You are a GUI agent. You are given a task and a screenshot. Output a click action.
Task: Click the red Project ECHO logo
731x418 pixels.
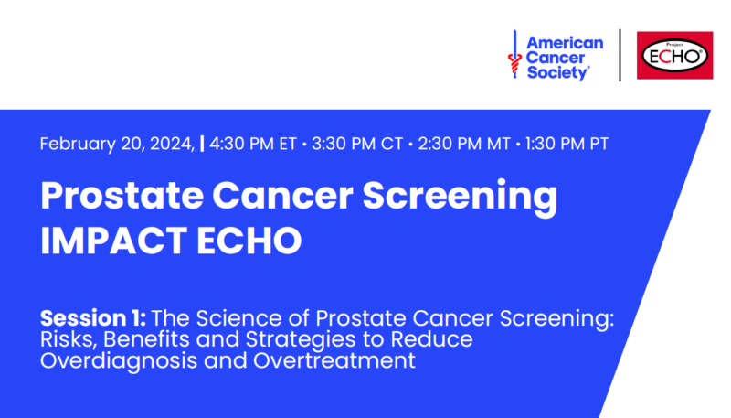(674, 55)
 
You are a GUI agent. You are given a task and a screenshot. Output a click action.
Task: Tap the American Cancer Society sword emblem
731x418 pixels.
(514, 54)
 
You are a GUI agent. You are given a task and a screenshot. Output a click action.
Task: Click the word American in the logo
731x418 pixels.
(565, 43)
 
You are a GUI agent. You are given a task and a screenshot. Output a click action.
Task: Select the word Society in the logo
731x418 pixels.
(557, 72)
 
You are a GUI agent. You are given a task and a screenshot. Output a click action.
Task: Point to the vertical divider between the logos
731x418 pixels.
(620, 55)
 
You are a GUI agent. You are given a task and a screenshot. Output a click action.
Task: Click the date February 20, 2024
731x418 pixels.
(117, 144)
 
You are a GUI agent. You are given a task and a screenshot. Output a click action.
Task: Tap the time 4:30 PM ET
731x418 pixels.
(253, 144)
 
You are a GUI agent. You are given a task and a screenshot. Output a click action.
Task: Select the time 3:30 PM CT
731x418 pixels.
(357, 144)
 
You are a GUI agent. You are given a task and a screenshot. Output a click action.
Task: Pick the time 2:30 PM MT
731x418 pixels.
(464, 144)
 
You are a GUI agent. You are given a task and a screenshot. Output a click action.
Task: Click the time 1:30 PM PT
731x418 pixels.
(567, 144)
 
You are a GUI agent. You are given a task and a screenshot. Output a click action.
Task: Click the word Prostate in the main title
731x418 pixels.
(122, 196)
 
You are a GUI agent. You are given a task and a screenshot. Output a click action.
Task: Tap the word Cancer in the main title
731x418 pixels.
(282, 196)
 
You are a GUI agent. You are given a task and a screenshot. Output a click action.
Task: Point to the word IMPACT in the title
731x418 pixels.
(113, 241)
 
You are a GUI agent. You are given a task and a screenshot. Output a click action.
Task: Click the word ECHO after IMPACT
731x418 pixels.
(249, 241)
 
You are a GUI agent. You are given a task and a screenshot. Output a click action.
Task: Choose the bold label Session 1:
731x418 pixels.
(93, 318)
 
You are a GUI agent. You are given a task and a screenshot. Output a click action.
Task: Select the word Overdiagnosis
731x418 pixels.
(119, 361)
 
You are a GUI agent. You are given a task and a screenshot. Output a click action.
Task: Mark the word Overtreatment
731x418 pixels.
(334, 360)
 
